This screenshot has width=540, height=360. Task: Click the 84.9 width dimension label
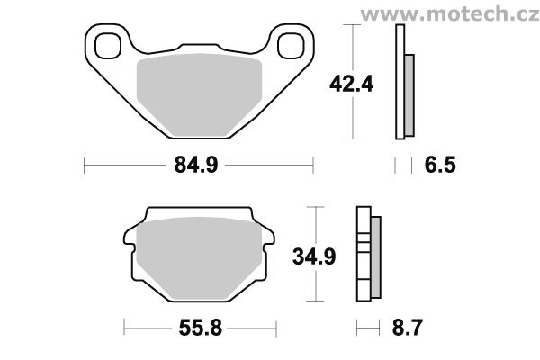196,165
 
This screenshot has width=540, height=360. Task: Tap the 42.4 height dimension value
351,84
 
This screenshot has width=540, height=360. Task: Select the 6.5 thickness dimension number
440,165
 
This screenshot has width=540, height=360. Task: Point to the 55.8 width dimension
200,328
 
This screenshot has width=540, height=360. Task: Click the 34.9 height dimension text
314,256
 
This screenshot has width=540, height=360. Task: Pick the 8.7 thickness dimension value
408,328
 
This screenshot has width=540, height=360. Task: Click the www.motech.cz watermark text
449,14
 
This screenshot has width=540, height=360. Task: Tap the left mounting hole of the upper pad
108,46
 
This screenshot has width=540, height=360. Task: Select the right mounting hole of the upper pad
291,46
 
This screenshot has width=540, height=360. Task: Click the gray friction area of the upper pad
199,94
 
